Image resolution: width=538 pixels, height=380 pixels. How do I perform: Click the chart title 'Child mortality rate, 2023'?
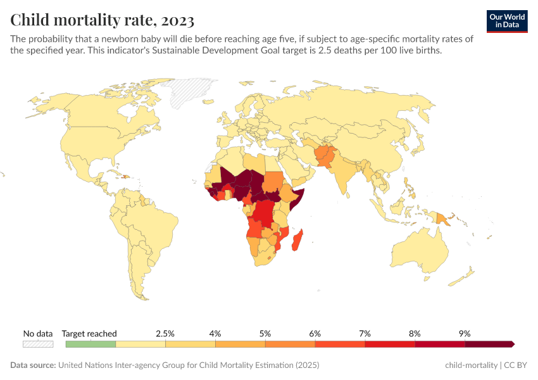102,20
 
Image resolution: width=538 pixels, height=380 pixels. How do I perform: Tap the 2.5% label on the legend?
165,333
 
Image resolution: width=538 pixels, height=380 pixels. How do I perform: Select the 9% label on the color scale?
465,333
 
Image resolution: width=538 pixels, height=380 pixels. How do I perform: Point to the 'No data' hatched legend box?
38,344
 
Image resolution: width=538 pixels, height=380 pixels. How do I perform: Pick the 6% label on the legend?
315,333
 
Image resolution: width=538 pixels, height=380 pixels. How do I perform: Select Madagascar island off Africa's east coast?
299,241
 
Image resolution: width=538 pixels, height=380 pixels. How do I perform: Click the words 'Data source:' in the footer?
33,365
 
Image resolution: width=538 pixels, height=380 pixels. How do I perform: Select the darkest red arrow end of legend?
511,344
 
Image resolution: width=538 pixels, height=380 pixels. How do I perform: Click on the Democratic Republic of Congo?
266,212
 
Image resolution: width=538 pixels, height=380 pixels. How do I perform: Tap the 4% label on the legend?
215,333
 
